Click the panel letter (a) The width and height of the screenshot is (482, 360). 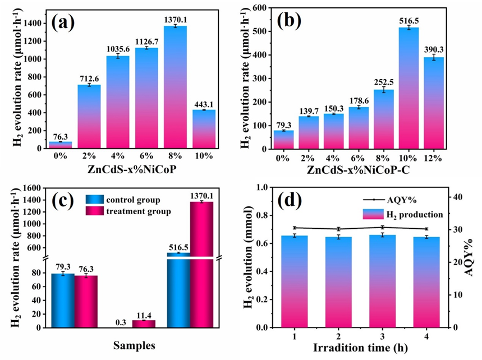click(x=63, y=24)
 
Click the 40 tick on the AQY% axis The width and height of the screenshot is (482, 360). click(x=457, y=197)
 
